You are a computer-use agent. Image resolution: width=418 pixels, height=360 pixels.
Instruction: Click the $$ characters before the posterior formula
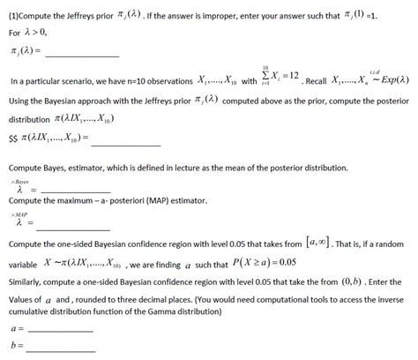(14, 139)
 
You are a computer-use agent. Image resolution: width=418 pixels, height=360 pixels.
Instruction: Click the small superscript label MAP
(20, 214)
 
